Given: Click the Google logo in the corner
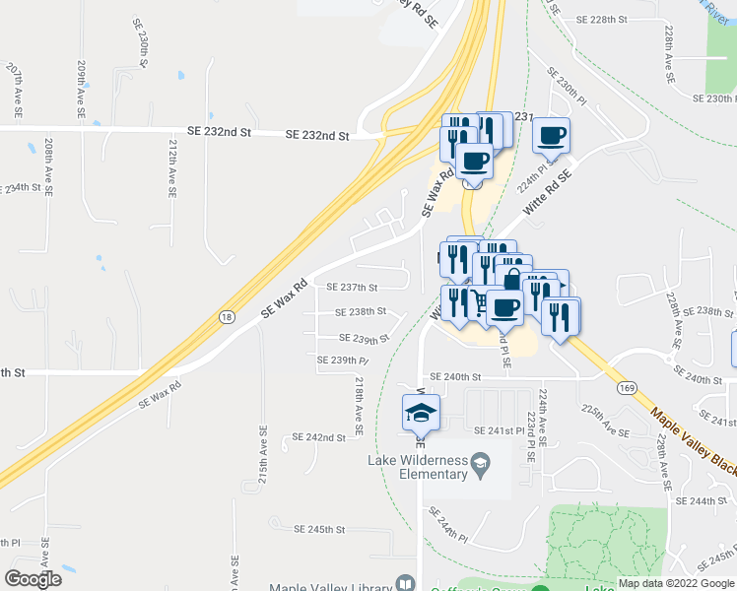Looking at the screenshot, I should pyautogui.click(x=33, y=579).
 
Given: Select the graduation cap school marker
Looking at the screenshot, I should pyautogui.click(x=421, y=413).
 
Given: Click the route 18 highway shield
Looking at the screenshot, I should pyautogui.click(x=228, y=316).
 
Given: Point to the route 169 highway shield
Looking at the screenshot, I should pyautogui.click(x=627, y=387).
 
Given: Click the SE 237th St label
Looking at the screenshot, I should pyautogui.click(x=353, y=288).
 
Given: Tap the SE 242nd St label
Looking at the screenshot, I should pyautogui.click(x=319, y=437).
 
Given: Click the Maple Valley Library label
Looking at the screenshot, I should pyautogui.click(x=332, y=583).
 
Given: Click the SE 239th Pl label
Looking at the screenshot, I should pyautogui.click(x=342, y=361).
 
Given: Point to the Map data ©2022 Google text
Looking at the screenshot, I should pyautogui.click(x=675, y=583).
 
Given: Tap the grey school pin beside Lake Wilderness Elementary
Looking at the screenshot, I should pyautogui.click(x=480, y=462).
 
